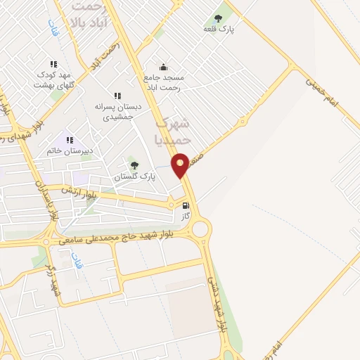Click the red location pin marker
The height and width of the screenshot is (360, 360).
[x=181, y=165]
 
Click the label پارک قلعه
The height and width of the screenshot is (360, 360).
[x=219, y=29]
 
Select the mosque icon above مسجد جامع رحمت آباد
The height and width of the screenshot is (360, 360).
[x=163, y=67]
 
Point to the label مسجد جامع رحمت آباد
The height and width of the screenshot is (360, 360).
[x=162, y=83]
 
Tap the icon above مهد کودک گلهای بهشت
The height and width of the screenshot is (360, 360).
[x=53, y=64]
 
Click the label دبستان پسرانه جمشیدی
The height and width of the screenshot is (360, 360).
[x=118, y=111]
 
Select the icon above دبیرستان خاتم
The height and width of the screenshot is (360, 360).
[x=70, y=140]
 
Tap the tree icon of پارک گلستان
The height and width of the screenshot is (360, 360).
[x=134, y=165]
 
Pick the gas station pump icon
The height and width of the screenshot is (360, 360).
[x=186, y=206]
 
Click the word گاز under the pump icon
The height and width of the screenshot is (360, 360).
[x=186, y=217]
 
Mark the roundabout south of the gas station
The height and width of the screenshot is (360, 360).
[x=201, y=229]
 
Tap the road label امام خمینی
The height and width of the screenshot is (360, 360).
[x=322, y=91]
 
